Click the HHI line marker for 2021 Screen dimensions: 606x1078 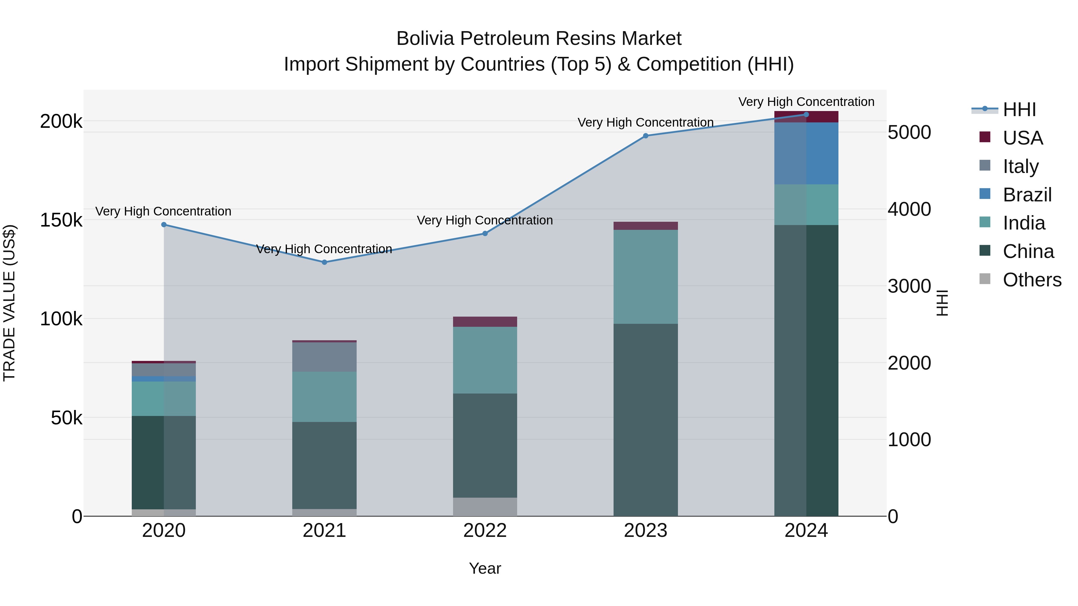324,262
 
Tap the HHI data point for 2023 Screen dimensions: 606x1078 645,136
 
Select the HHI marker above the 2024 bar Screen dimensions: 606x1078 806,115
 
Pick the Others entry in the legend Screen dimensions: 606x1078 1032,280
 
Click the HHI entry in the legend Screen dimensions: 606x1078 1019,110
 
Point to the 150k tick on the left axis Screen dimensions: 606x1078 61,220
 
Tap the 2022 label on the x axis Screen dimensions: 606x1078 485,531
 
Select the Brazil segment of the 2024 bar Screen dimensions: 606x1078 806,154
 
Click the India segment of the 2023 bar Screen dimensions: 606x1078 645,277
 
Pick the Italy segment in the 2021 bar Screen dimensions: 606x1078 324,357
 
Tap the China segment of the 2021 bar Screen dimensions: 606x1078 324,465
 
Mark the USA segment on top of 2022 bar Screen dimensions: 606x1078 485,322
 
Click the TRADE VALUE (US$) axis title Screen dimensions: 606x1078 9,303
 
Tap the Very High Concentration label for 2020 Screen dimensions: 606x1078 163,211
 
